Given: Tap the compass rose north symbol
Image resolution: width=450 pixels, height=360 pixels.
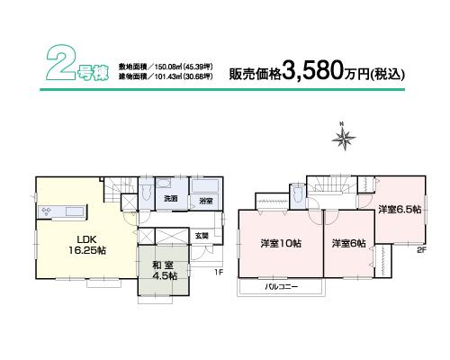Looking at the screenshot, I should click(342, 138).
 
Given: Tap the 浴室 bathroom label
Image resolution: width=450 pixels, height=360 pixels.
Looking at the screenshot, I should click(205, 200).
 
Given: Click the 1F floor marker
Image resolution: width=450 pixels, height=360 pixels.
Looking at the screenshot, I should click(218, 273).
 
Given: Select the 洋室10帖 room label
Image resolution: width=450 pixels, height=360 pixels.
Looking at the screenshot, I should click(280, 244).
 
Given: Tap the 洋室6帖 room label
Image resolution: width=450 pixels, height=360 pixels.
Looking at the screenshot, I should click(347, 244).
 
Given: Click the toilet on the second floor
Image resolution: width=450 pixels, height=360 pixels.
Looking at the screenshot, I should click(298, 193).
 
